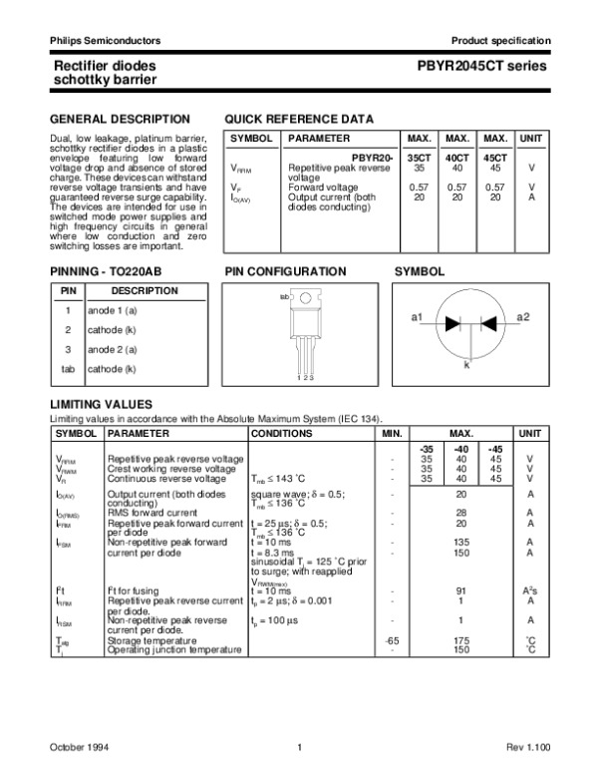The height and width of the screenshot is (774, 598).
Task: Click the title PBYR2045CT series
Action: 489,67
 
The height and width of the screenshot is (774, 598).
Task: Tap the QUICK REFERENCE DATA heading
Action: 300,119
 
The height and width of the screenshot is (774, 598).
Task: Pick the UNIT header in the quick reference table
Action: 532,138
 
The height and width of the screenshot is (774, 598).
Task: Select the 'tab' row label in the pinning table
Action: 68,369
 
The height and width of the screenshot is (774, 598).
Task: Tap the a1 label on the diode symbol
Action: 418,316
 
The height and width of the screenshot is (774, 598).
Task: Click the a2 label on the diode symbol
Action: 523,316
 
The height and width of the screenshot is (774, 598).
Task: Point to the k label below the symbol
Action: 466,366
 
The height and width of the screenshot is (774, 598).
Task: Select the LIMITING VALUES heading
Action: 101,404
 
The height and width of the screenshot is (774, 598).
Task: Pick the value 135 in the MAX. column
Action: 461,543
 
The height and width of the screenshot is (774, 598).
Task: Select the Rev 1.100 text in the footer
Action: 524,747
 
